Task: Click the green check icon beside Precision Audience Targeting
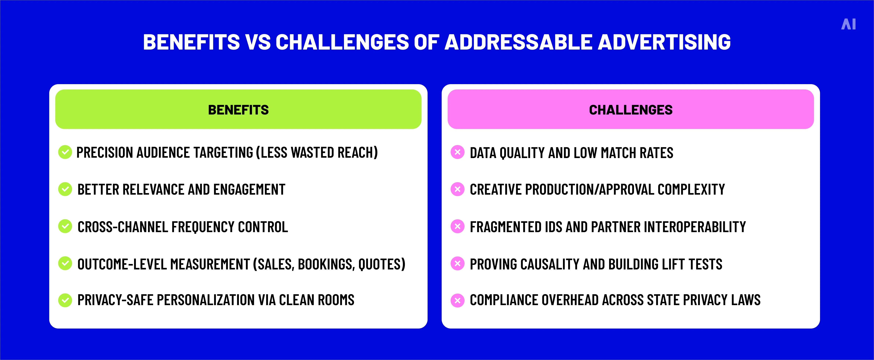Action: (x=65, y=152)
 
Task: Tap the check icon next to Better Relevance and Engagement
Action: (x=65, y=189)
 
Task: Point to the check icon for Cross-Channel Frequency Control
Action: (x=65, y=226)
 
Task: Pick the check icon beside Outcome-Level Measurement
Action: (x=65, y=263)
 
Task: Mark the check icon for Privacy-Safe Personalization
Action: (x=65, y=300)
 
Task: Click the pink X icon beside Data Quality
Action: (x=457, y=152)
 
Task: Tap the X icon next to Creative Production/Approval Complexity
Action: (x=457, y=189)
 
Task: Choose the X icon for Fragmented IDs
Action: (x=457, y=226)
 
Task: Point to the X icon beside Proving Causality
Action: (x=457, y=263)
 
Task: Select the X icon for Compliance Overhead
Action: (x=457, y=300)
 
